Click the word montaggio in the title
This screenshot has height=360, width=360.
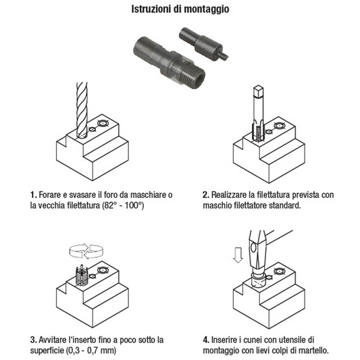click(x=207, y=9)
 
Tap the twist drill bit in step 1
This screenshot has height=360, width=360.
click(x=82, y=110)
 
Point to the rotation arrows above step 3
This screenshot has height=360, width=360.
click(x=86, y=251)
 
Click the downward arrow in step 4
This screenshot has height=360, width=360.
click(x=238, y=255)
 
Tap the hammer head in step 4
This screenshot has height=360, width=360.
click(x=257, y=251)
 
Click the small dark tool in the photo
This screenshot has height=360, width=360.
click(x=203, y=44)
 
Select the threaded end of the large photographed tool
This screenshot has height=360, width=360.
click(x=194, y=73)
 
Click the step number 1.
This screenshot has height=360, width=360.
click(x=33, y=195)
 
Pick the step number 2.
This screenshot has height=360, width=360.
click(x=206, y=195)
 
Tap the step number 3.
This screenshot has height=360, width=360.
click(x=33, y=340)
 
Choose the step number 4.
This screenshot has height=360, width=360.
click(x=206, y=340)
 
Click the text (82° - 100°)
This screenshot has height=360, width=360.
click(x=123, y=205)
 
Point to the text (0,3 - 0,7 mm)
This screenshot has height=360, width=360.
click(x=91, y=351)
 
